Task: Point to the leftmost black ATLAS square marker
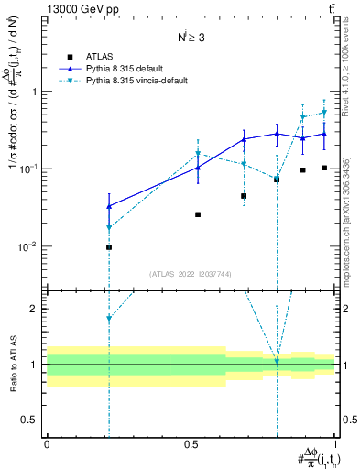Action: (x=109, y=247)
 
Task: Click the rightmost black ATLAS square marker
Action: (x=324, y=168)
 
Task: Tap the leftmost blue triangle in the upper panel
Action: (x=109, y=206)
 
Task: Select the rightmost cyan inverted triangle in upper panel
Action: (x=324, y=113)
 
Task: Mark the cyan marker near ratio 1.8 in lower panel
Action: (x=109, y=319)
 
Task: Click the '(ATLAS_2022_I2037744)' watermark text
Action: (x=190, y=273)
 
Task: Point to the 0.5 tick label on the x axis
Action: (x=191, y=443)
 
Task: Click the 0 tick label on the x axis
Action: (x=47, y=443)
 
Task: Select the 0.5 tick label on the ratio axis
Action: (x=29, y=420)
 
